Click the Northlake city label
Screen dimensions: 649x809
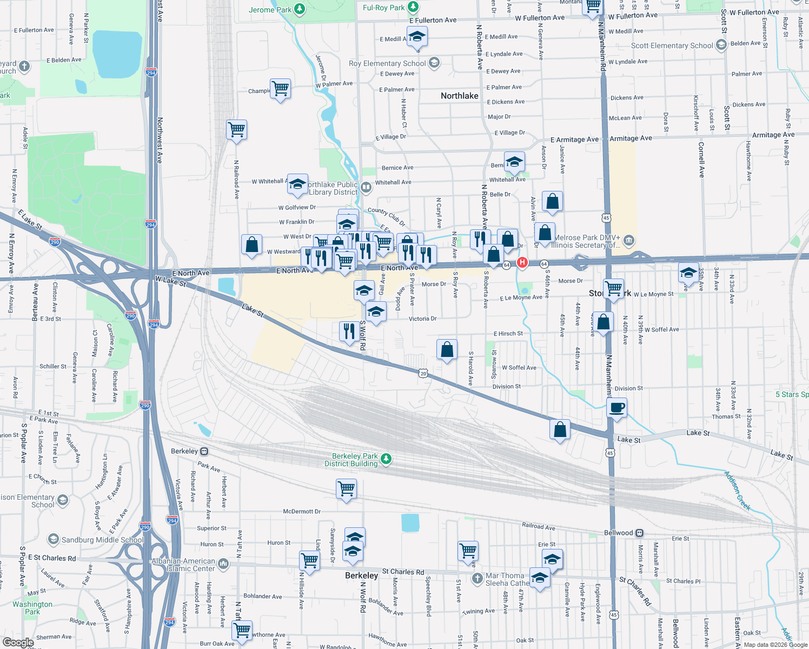pyautogui.click(x=459, y=96)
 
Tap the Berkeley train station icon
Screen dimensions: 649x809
pyautogui.click(x=204, y=451)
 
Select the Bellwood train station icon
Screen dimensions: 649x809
pyautogui.click(x=639, y=533)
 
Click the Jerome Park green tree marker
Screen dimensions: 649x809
pyautogui.click(x=299, y=9)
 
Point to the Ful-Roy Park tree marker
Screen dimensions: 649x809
pyautogui.click(x=413, y=7)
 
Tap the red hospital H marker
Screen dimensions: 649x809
pyautogui.click(x=522, y=263)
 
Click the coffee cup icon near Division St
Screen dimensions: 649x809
pyautogui.click(x=616, y=407)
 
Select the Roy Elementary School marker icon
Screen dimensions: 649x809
pyautogui.click(x=434, y=63)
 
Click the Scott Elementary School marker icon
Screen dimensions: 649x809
pyautogui.click(x=721, y=45)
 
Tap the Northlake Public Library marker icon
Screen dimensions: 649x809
pyautogui.click(x=366, y=188)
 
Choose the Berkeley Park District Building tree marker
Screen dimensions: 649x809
pyautogui.click(x=386, y=459)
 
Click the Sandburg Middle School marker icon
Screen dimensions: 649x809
pyautogui.click(x=54, y=539)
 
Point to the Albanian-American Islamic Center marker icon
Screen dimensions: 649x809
pyautogui.click(x=223, y=564)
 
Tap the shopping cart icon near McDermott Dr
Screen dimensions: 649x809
pyautogui.click(x=346, y=488)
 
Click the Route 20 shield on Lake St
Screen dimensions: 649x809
pyautogui.click(x=423, y=373)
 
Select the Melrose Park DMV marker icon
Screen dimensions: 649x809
pyautogui.click(x=628, y=240)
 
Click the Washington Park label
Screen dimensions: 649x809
pyautogui.click(x=32, y=608)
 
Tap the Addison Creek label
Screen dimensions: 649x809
pyautogui.click(x=738, y=491)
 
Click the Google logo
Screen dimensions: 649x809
pyautogui.click(x=18, y=642)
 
